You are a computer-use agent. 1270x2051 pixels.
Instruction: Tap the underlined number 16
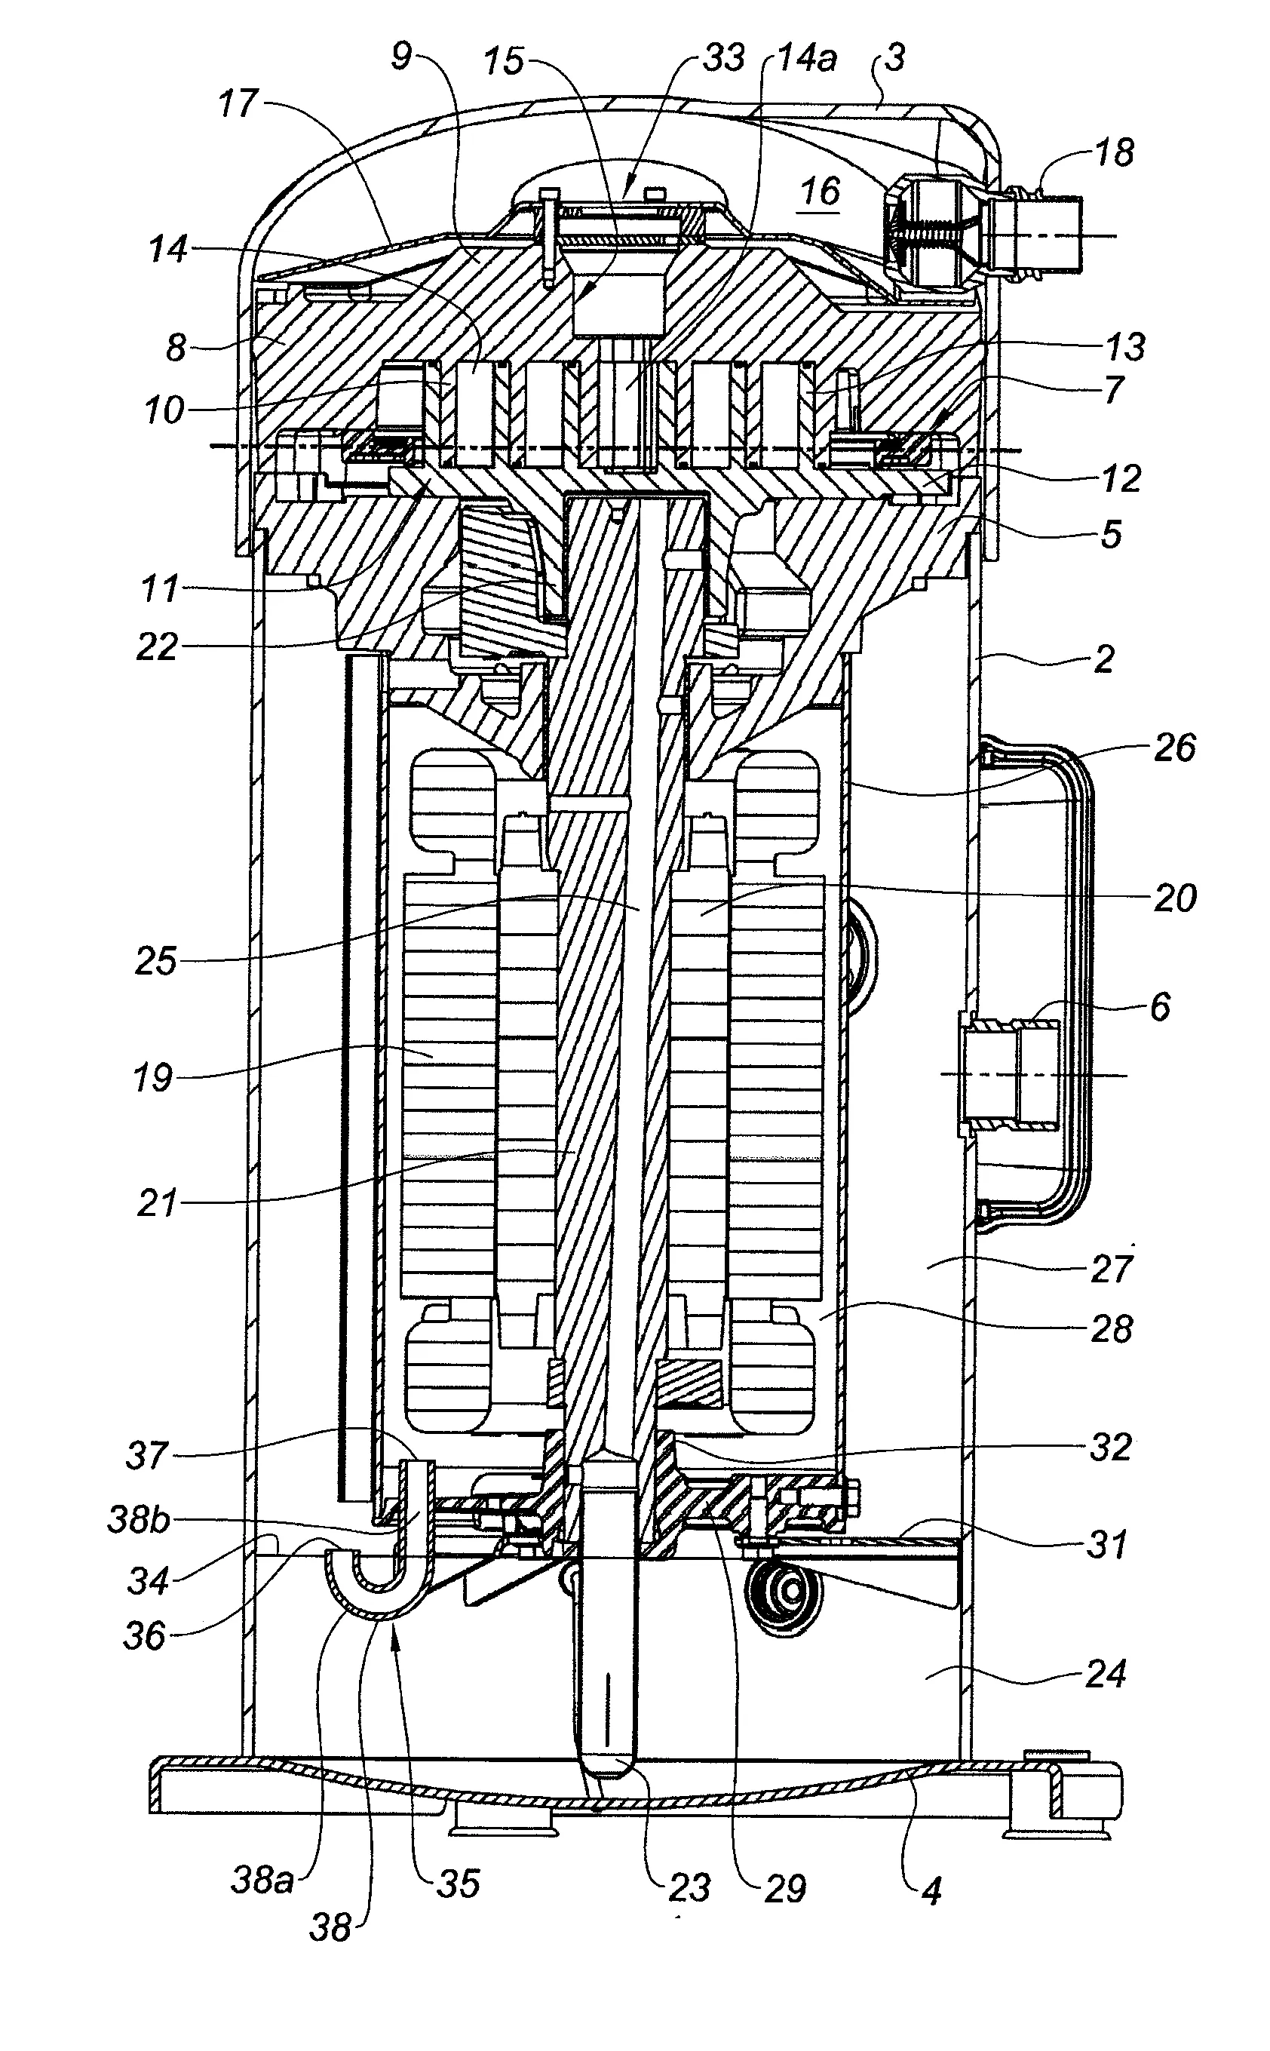click(820, 192)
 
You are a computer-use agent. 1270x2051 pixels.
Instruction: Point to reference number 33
click(724, 58)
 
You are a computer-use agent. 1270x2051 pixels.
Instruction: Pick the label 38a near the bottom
click(262, 1880)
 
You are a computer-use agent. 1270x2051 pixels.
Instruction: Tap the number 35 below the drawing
click(459, 1882)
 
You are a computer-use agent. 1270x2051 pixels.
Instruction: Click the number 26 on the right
click(1174, 747)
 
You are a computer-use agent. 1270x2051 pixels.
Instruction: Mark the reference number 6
click(1160, 1006)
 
